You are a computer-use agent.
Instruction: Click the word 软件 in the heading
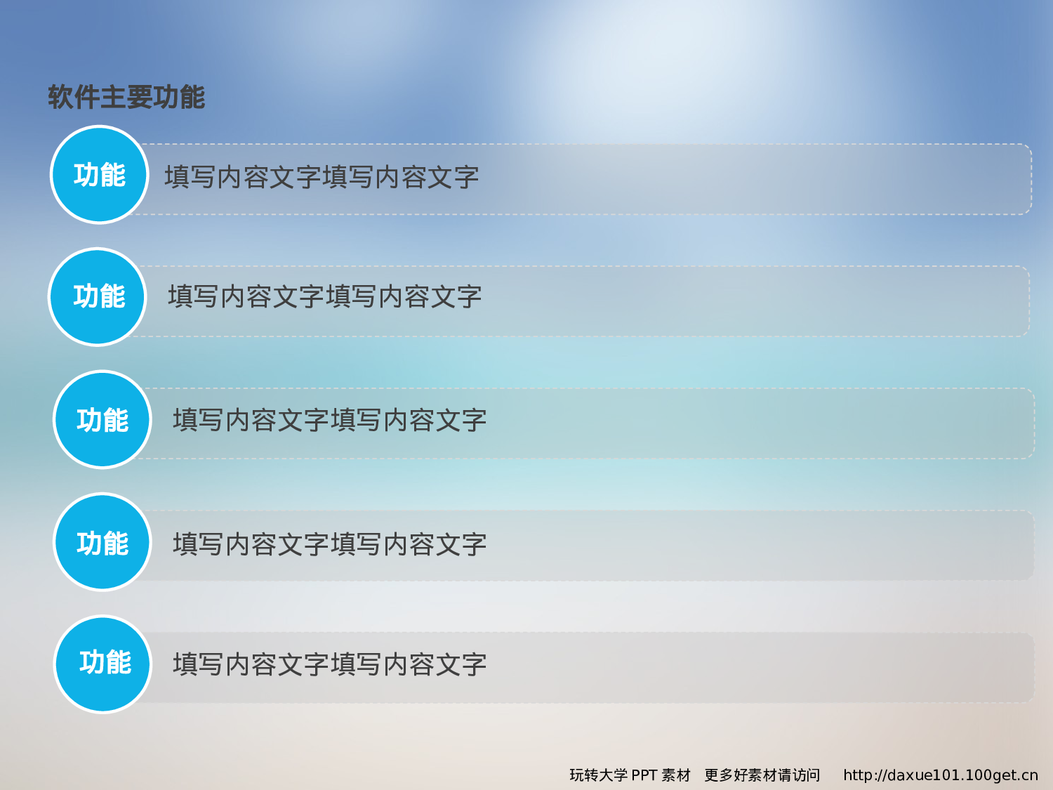[x=74, y=97]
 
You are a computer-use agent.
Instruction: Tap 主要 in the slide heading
[x=126, y=97]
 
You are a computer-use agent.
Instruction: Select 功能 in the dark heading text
[x=179, y=97]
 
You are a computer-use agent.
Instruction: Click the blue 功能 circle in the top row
[x=99, y=175]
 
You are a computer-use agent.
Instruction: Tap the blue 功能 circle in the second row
[x=98, y=297]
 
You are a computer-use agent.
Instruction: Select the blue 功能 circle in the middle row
[x=102, y=420]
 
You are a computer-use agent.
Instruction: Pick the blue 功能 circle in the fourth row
[x=102, y=543]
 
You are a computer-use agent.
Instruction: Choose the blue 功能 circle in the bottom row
[x=104, y=664]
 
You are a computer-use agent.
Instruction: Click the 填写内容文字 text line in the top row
[x=322, y=177]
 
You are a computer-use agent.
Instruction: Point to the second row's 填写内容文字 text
[x=324, y=297]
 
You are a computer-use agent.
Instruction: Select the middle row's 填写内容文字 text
[x=329, y=420]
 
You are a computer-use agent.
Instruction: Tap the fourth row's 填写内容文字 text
[x=329, y=544]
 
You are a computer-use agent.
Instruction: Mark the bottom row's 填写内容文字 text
[x=329, y=664]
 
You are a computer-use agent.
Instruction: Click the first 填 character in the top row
[x=177, y=177]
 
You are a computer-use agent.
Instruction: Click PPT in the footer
[x=644, y=775]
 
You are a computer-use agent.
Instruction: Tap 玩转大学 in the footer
[x=598, y=775]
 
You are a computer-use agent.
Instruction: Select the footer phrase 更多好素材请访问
[x=762, y=775]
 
